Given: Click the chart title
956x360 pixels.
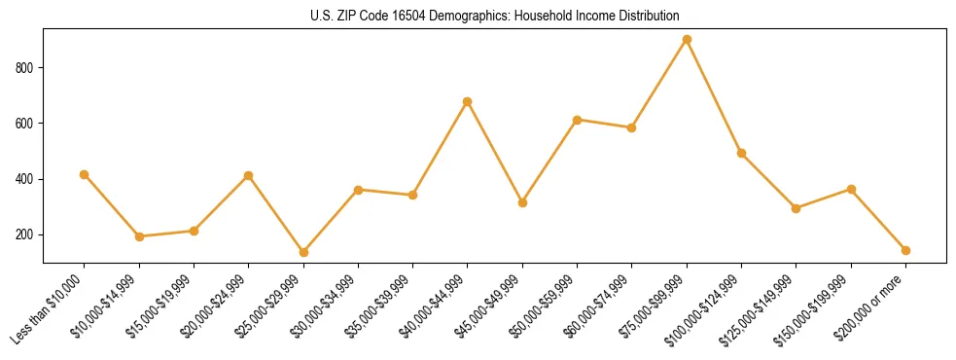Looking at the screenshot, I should coord(495,17).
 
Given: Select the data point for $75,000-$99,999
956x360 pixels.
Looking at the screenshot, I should coord(687,40).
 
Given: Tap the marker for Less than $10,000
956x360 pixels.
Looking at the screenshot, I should coord(85,175).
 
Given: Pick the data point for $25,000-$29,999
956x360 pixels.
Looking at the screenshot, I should coord(249,252).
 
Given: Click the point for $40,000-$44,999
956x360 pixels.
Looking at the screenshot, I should coord(468,101).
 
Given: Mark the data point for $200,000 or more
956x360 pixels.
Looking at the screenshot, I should coord(905,250).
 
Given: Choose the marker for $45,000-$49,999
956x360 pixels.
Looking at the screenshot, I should coord(522,202).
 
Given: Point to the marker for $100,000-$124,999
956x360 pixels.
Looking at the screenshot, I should coord(741,153).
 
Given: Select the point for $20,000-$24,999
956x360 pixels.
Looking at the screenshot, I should coord(249,176).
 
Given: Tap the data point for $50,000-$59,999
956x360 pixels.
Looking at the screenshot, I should coord(577,120).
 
